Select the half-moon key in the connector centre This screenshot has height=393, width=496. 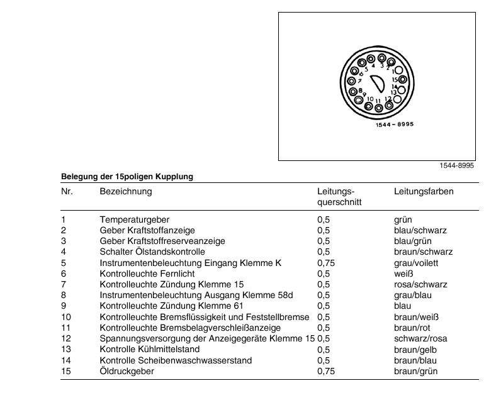tap(378, 84)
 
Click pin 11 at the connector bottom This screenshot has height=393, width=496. tap(379, 108)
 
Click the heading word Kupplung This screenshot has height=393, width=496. tap(176, 177)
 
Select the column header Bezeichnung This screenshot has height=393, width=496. tap(126, 191)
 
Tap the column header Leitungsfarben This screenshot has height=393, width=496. tap(424, 191)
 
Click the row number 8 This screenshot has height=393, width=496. tap(64, 296)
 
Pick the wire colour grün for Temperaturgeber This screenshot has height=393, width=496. tap(402, 220)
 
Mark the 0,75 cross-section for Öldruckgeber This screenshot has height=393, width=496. tap(324, 371)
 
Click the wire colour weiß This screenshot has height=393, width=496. tap(402, 274)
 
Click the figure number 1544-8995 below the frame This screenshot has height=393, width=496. tap(456, 165)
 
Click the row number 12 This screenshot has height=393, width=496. tap(66, 338)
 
